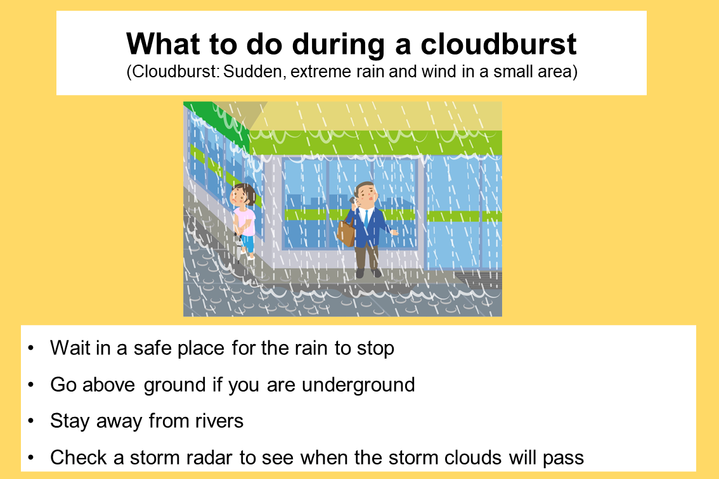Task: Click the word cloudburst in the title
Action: click(498, 44)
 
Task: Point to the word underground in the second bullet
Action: click(358, 385)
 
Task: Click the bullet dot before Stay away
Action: click(30, 421)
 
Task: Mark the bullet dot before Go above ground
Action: click(30, 385)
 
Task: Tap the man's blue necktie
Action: click(366, 219)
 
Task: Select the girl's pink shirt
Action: click(245, 222)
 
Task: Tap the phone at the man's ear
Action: click(354, 200)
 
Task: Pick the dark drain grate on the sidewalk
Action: click(478, 279)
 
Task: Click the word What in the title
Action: click(163, 44)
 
